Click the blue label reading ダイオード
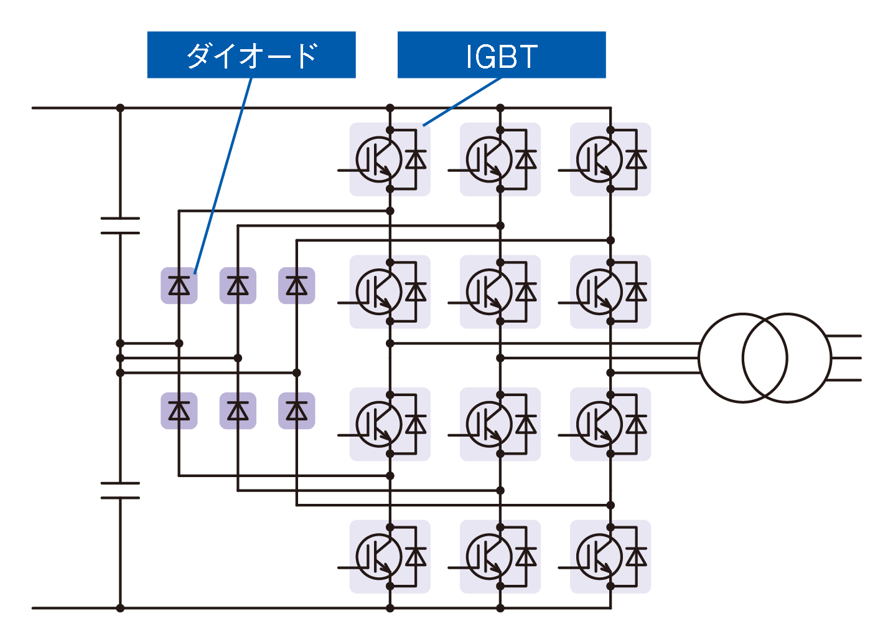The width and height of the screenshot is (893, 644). coord(251,55)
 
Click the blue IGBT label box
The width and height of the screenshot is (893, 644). coord(502,55)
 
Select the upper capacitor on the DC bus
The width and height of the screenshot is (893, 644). coord(120,226)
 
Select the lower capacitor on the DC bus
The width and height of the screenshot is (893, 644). coord(120,490)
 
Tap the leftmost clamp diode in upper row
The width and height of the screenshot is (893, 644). coord(179,286)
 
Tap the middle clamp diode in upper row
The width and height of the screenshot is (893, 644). coord(238,286)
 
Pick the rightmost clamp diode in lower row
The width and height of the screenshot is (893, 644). coord(296,411)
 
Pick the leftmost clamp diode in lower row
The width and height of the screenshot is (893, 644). coord(179,411)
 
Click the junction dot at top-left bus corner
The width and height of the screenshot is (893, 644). coord(120,108)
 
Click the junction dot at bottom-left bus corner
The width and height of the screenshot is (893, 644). coord(120,608)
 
